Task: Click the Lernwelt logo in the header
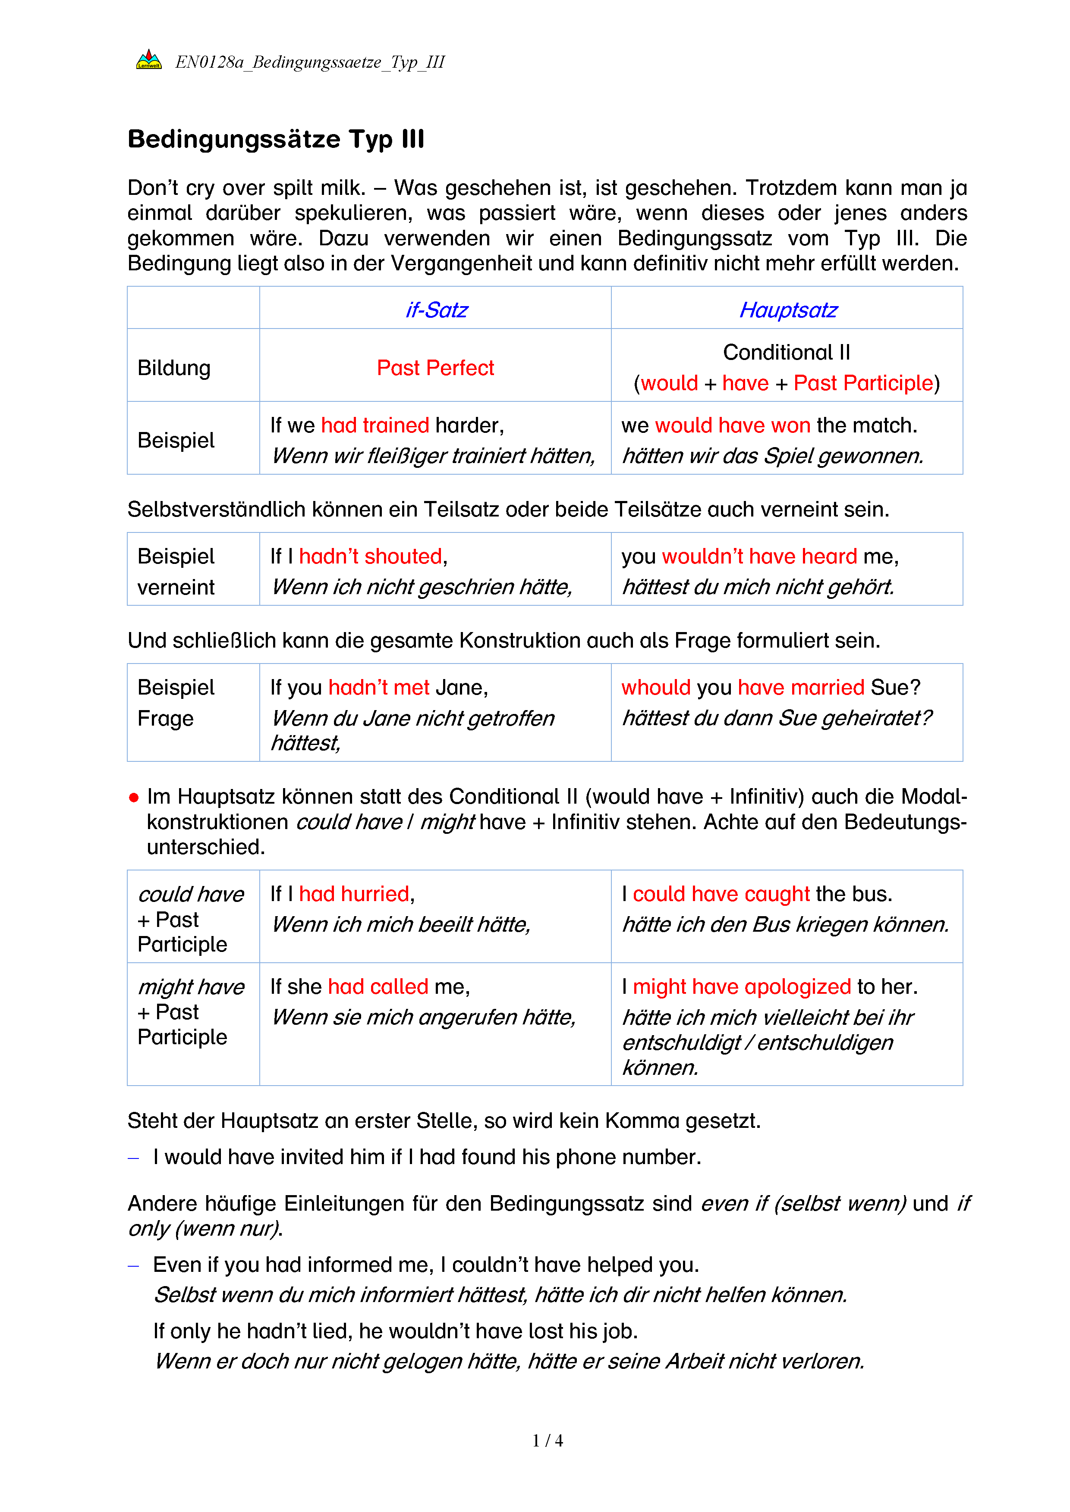coord(149,61)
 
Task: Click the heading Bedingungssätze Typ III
coord(276,140)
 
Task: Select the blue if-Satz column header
coord(436,310)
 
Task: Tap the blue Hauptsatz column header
coord(788,310)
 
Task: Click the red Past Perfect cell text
coord(435,367)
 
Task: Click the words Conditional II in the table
coord(787,352)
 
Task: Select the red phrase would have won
coord(733,426)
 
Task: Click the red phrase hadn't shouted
coord(370,557)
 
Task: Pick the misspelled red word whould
coord(656,688)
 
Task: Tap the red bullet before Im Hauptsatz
coord(134,798)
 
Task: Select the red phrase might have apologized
coord(742,986)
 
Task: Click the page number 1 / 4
coord(548,1441)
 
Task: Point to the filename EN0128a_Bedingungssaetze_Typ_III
coord(310,62)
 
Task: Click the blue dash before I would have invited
coord(134,1158)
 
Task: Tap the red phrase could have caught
coord(721,894)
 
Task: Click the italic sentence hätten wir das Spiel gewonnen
coord(773,456)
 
